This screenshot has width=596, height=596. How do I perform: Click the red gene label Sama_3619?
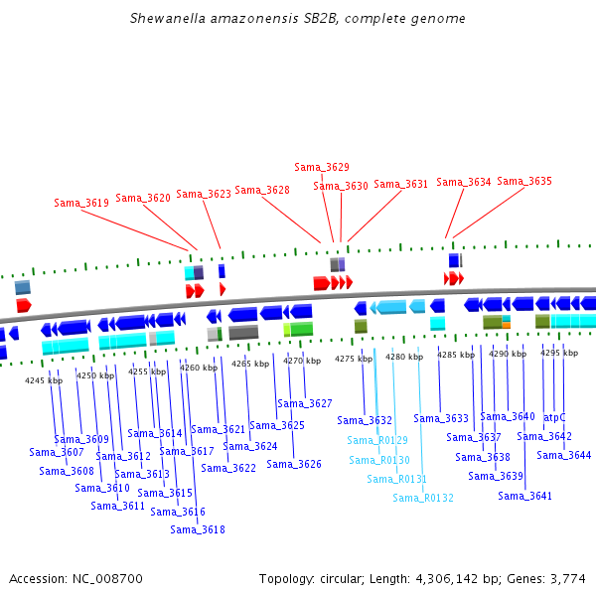tap(81, 203)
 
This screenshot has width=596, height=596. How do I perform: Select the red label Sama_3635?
tap(524, 181)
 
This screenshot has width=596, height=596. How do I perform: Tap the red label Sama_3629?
tap(322, 167)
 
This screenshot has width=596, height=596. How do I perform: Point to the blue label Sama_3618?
tap(198, 529)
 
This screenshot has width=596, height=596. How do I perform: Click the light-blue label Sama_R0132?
tap(423, 498)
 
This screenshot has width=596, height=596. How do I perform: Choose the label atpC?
tap(554, 417)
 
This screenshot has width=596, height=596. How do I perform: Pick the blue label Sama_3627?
tap(305, 403)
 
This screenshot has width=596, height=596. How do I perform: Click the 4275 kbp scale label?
tap(354, 359)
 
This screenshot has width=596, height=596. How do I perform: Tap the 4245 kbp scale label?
tap(44, 380)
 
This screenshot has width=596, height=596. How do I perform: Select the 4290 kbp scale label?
tap(507, 354)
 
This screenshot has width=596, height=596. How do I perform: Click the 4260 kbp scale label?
tap(199, 368)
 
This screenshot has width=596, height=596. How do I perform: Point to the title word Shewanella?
tap(165, 19)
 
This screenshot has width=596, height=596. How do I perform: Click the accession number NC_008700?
tap(107, 578)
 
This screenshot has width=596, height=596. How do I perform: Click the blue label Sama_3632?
tap(365, 420)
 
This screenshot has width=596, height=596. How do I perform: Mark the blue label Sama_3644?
tap(564, 455)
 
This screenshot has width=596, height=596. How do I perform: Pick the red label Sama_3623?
tap(204, 194)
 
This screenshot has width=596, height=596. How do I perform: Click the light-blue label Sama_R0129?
tap(377, 440)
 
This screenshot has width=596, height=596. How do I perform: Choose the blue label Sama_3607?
tap(57, 452)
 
